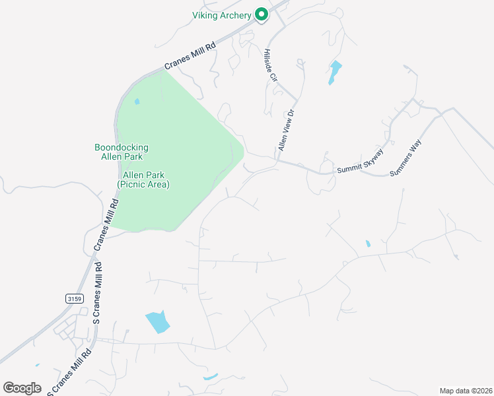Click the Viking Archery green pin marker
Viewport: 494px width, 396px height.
261,14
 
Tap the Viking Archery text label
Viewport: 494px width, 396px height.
221,15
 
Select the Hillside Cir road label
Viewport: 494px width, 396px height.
269,65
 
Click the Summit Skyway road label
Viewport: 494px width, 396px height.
361,160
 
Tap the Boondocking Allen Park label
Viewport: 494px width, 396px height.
122,152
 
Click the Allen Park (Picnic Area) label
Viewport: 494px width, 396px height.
143,180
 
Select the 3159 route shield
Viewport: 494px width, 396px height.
75,299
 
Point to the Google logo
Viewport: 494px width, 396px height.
22,388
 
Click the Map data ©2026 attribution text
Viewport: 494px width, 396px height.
466,391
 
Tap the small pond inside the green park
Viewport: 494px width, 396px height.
137,102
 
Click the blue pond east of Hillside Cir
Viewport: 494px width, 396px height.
335,72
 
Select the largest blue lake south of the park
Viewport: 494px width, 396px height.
157,322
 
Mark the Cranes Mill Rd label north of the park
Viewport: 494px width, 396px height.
190,57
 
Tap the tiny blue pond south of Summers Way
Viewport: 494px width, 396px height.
368,244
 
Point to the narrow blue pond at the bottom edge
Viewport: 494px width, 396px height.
211,378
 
